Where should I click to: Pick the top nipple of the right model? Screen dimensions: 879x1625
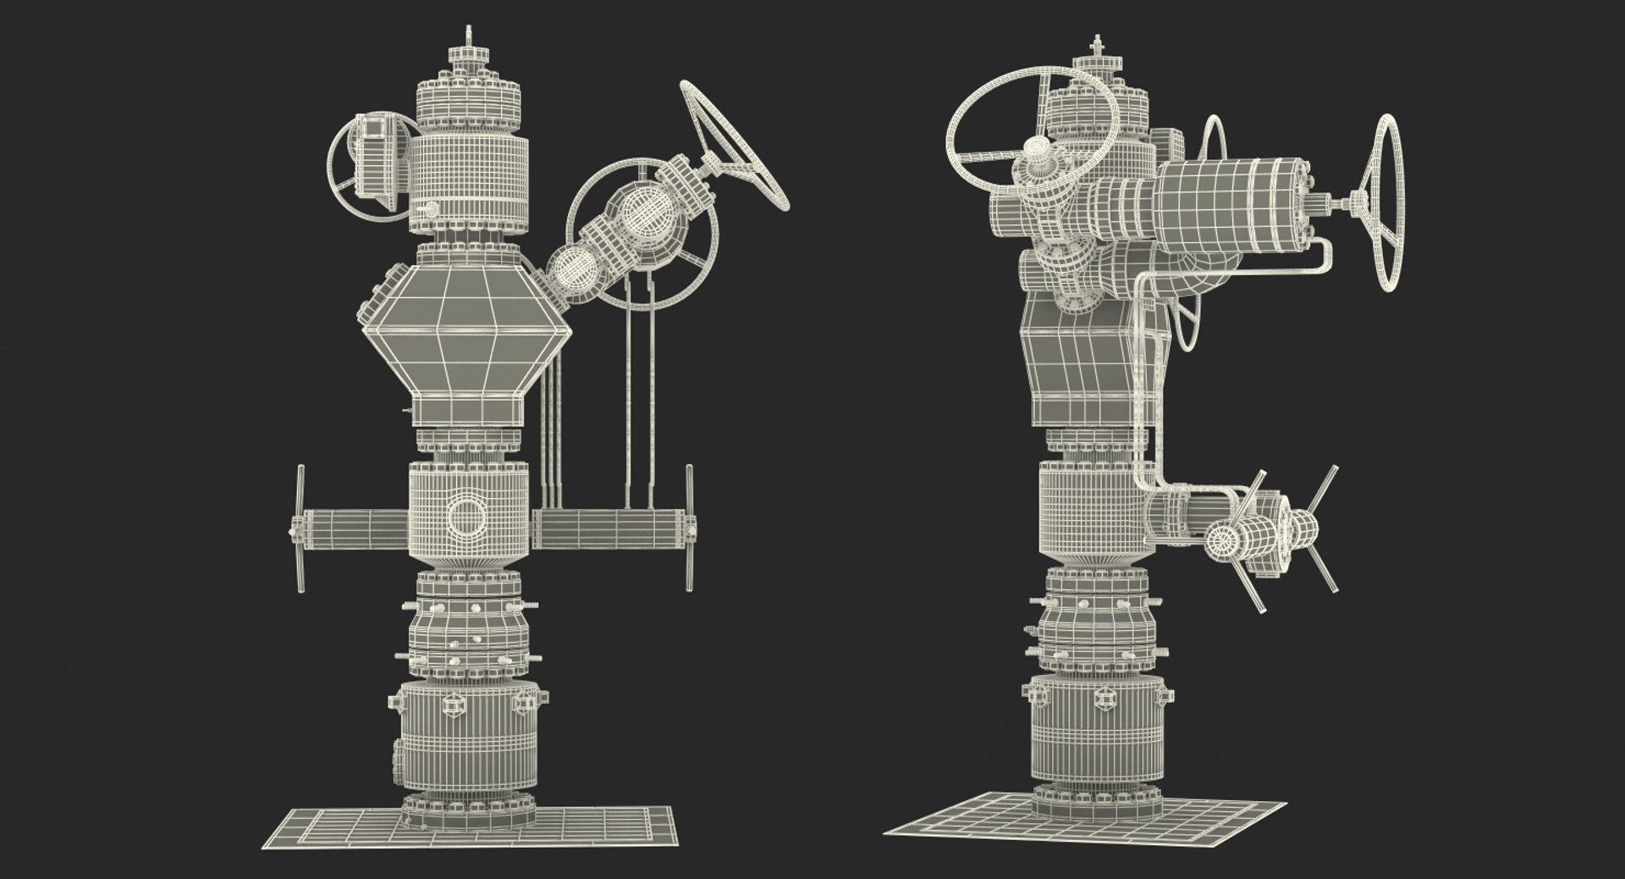click(1099, 47)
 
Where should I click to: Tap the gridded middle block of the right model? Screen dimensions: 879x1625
click(1088, 508)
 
